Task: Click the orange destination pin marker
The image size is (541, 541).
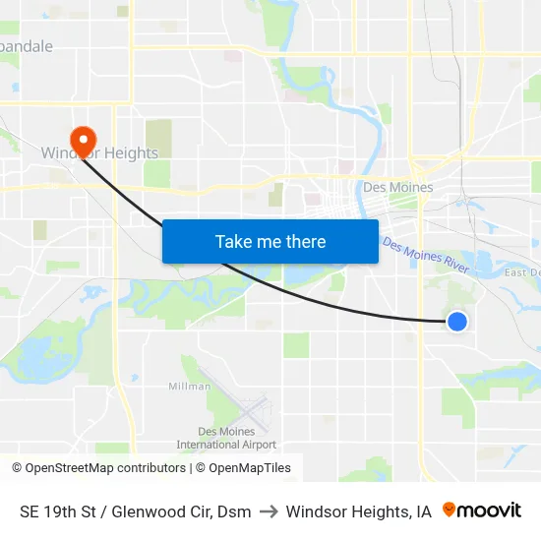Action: click(82, 139)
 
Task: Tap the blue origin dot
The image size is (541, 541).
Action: click(456, 321)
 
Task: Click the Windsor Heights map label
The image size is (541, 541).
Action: click(98, 153)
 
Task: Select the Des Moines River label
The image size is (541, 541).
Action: click(427, 255)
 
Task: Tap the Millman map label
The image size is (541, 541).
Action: click(189, 387)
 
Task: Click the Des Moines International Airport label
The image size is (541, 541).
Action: click(225, 438)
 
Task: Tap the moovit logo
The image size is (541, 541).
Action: click(482, 511)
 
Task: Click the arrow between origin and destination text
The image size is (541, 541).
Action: click(269, 511)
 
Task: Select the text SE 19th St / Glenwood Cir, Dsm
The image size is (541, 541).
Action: click(135, 511)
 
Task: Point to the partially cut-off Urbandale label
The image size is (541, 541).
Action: click(27, 46)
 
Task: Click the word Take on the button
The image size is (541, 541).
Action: click(233, 242)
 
